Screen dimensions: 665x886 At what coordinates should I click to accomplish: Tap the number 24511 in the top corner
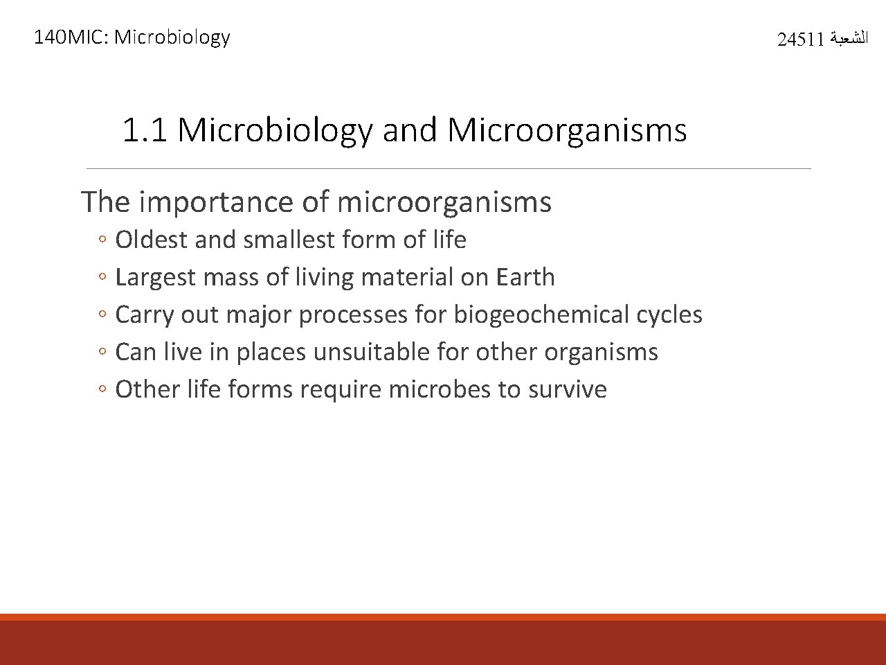tap(800, 39)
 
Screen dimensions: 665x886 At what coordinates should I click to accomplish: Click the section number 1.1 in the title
tap(144, 130)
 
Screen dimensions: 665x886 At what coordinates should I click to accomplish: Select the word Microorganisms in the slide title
tap(567, 130)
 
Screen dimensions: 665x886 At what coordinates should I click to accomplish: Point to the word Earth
tap(525, 277)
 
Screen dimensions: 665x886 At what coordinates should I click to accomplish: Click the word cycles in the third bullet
tap(669, 314)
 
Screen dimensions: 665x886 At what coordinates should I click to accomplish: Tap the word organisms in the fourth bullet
tap(601, 352)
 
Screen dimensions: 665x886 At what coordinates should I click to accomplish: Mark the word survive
tap(568, 389)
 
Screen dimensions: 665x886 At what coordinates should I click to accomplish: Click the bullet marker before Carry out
tap(102, 315)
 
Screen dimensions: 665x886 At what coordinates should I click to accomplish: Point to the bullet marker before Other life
tap(102, 390)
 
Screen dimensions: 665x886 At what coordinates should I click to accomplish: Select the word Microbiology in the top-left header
tap(172, 37)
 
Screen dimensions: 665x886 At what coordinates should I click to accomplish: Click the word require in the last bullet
tap(340, 389)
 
